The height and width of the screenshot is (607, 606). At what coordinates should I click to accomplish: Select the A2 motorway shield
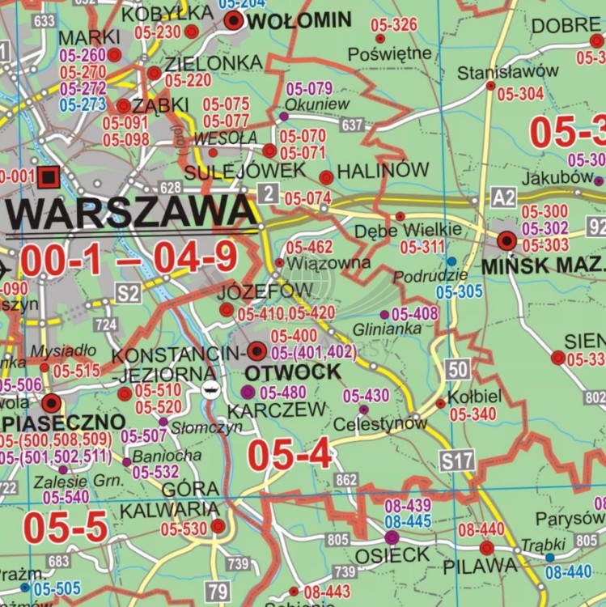(x=503, y=197)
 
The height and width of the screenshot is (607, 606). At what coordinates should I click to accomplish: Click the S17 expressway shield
(x=457, y=461)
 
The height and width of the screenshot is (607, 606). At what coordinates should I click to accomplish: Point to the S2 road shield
(x=128, y=293)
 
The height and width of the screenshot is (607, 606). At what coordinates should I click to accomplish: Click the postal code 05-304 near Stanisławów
(x=519, y=94)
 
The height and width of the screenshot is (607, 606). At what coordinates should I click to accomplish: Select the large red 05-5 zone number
(x=65, y=527)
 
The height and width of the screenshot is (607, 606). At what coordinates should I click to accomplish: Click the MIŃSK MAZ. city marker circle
(x=507, y=240)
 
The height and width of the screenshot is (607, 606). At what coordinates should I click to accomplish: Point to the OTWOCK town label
(x=281, y=372)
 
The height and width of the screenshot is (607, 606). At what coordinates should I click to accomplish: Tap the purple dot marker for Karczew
(x=248, y=392)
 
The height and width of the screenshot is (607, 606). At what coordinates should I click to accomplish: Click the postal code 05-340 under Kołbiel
(x=473, y=414)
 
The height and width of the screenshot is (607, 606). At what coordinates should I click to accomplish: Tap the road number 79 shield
(x=217, y=590)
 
